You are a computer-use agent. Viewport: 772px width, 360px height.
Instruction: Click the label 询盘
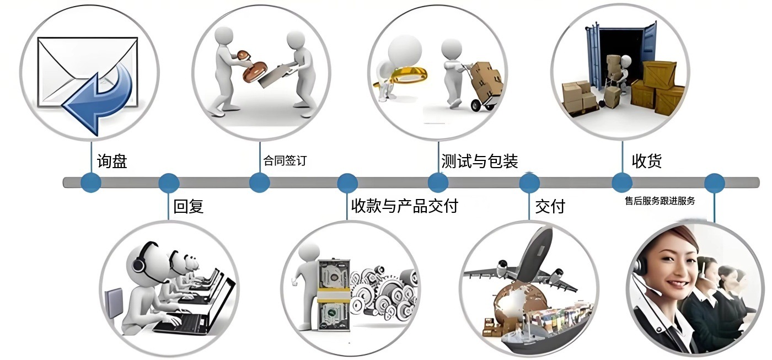pos(112,162)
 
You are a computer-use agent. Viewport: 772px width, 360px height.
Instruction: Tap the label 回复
pos(189,206)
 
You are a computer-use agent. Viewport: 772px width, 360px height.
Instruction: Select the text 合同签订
pos(285,161)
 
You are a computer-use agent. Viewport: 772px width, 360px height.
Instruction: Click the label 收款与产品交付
pos(405,206)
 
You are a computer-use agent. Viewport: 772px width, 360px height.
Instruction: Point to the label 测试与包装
pos(479,161)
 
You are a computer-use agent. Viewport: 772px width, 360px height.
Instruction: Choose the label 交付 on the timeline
pos(550,206)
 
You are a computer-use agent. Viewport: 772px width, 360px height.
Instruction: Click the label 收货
pos(646,161)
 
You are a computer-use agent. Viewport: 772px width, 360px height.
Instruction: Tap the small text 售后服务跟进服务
pos(660,201)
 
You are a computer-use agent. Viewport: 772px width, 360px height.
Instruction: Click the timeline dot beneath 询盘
pos(90,182)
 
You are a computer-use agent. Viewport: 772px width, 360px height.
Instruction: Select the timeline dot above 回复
pos(169,182)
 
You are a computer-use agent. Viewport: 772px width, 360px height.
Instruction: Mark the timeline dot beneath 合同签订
pos(259,182)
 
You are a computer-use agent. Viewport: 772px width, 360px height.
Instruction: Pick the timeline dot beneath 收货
pos(622,182)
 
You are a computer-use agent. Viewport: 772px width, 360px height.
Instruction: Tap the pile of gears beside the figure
pos(380,292)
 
